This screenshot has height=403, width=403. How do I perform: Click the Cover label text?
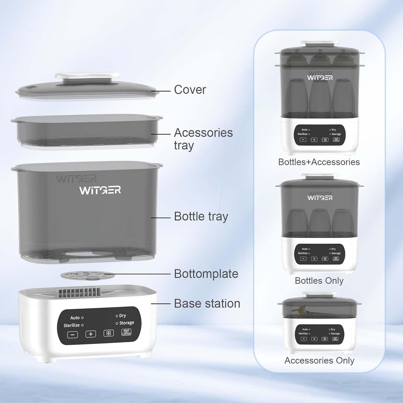point(190,90)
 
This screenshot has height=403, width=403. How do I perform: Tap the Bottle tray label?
point(201,217)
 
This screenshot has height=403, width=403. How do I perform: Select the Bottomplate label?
point(206,274)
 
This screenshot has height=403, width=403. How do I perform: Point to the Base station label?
point(207,303)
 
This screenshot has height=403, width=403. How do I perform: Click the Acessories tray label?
point(203,139)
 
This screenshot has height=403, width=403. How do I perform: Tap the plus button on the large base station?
point(91,334)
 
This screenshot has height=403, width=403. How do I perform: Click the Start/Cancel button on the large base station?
point(126,332)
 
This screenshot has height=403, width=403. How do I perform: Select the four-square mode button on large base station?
point(108,333)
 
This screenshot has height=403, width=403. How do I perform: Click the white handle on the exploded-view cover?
point(87,76)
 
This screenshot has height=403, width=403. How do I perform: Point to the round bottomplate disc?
point(88,276)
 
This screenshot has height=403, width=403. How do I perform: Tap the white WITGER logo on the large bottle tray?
point(100,190)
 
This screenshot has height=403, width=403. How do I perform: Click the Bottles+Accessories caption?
point(319,162)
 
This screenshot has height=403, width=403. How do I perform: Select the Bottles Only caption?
point(319,281)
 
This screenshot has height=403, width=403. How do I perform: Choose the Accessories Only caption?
point(319,360)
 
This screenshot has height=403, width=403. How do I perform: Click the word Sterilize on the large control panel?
point(72,325)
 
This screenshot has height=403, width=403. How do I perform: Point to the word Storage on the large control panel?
point(127,323)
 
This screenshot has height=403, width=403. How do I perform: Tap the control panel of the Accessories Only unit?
point(320,334)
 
